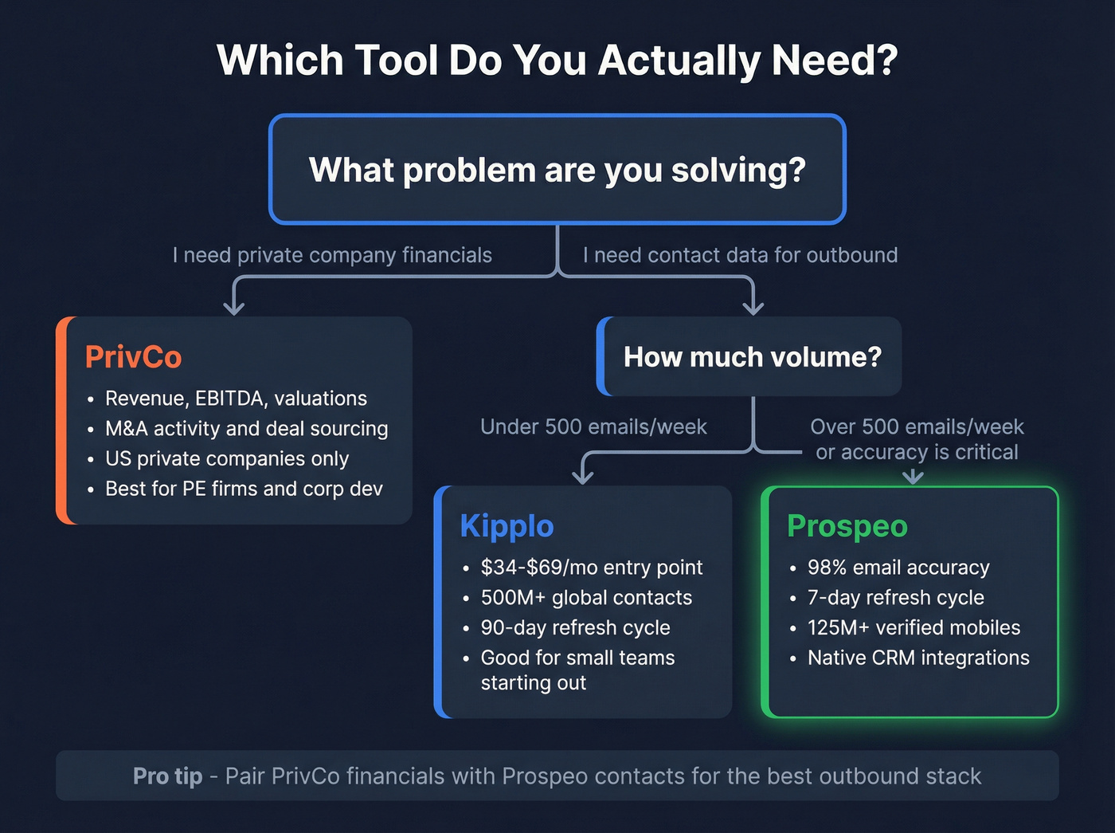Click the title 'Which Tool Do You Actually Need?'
[557, 61]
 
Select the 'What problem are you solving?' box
[557, 169]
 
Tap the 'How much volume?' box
[752, 356]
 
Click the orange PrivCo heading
[133, 357]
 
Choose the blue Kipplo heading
[507, 526]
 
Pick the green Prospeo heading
[847, 526]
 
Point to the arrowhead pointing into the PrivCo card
[233, 308]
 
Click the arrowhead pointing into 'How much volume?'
[753, 308]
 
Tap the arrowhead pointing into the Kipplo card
[583, 477]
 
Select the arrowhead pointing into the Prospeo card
[913, 477]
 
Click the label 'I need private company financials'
[332, 255]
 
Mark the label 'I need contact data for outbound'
[740, 255]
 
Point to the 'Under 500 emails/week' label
[593, 427]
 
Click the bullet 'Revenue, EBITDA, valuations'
[236, 399]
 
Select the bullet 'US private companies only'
[227, 459]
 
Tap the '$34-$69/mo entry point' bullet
[591, 568]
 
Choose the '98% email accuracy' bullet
[898, 568]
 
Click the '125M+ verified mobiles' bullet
[914, 628]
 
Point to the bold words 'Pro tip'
[167, 776]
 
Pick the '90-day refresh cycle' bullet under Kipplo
[575, 628]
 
